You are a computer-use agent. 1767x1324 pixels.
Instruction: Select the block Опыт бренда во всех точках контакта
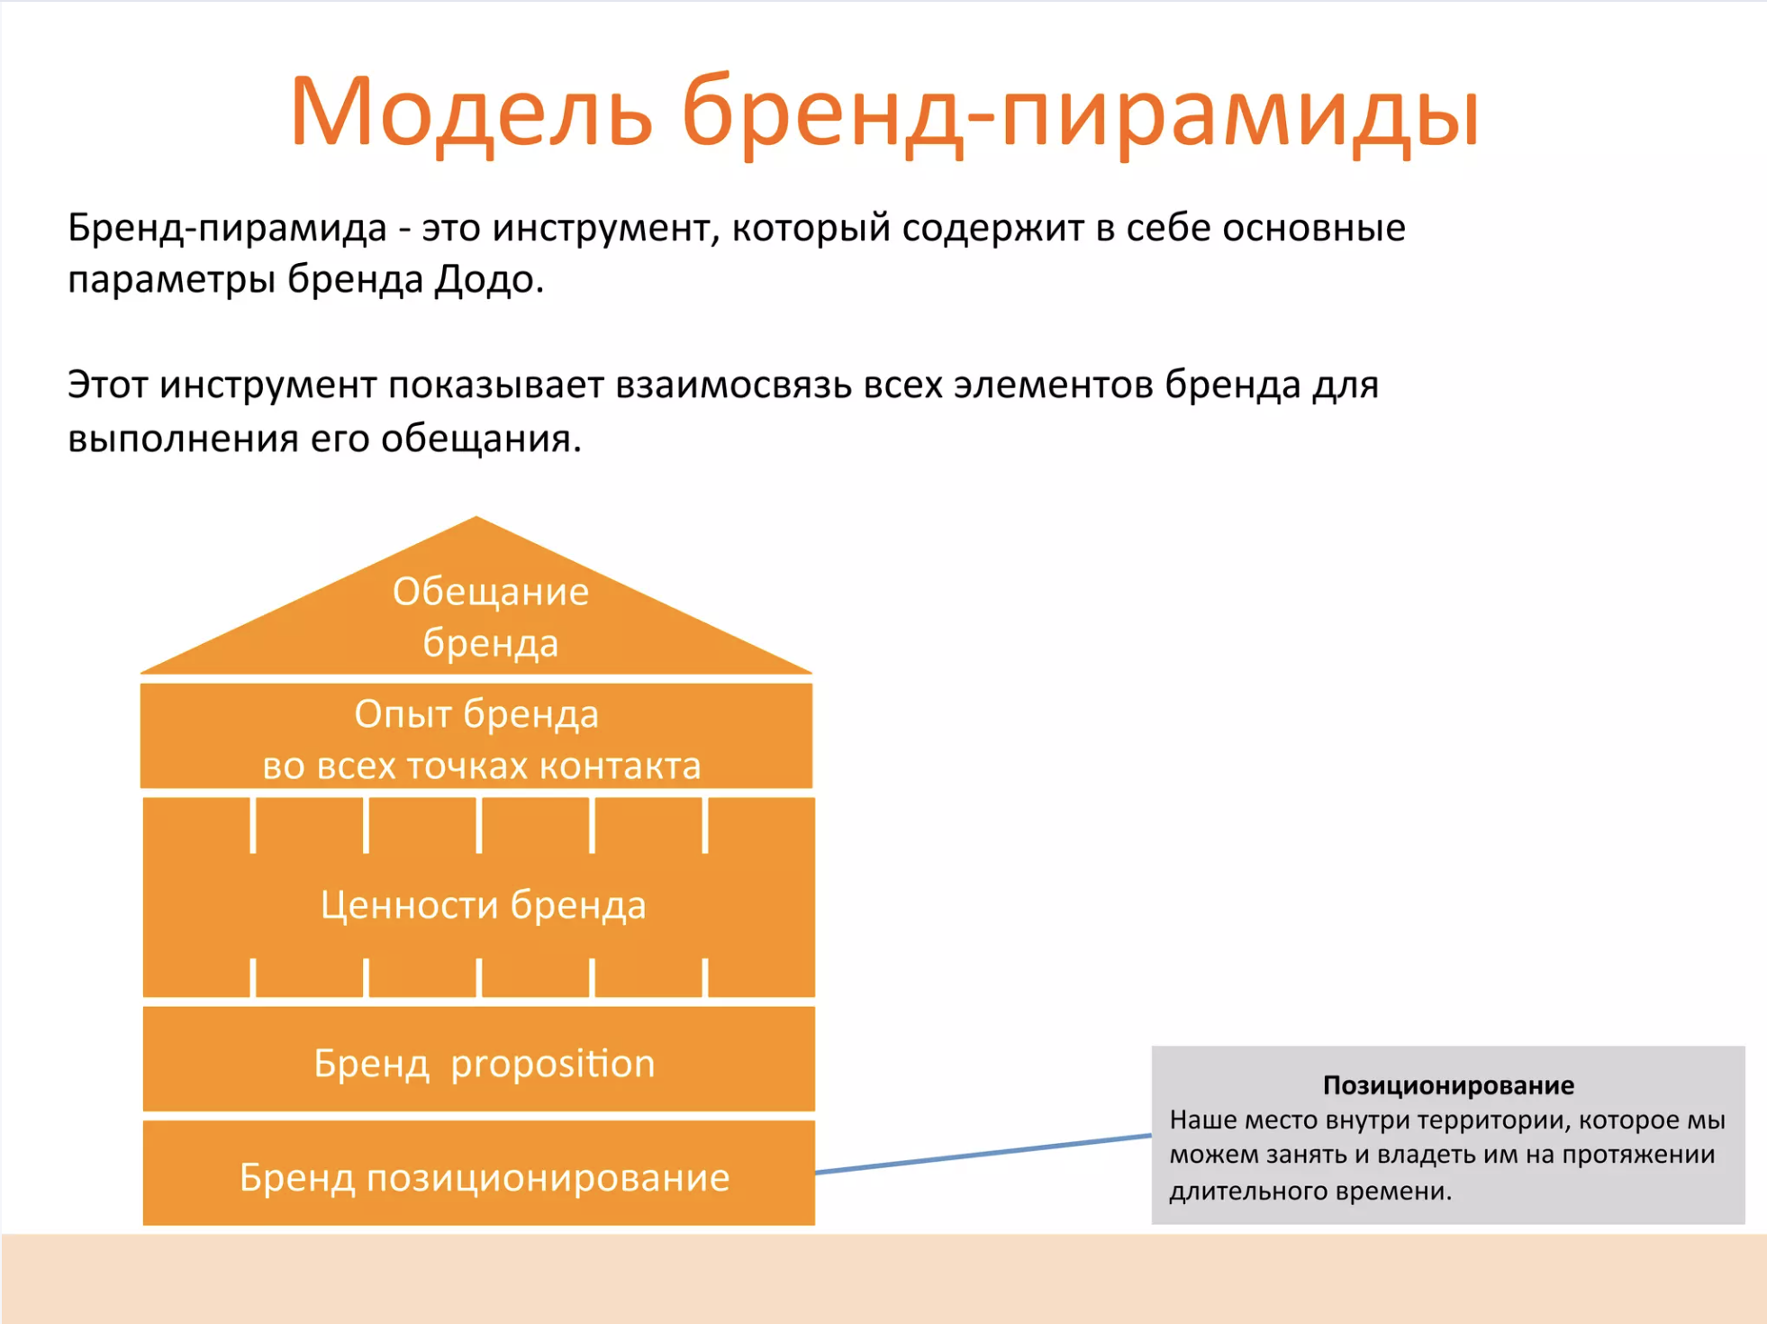(x=476, y=736)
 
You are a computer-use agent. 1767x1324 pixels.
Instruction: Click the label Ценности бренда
(x=484, y=905)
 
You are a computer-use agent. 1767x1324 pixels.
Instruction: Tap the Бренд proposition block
(x=479, y=1059)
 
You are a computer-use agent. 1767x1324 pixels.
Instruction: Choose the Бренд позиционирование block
(x=479, y=1173)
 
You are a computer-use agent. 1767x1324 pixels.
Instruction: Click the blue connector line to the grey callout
(x=983, y=1154)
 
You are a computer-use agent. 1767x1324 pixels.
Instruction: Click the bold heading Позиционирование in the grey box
(x=1448, y=1085)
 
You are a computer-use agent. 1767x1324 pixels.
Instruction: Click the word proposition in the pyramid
(x=553, y=1065)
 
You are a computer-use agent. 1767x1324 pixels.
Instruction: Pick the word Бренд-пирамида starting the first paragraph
(x=227, y=228)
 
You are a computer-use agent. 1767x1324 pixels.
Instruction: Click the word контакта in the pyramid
(x=620, y=766)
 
